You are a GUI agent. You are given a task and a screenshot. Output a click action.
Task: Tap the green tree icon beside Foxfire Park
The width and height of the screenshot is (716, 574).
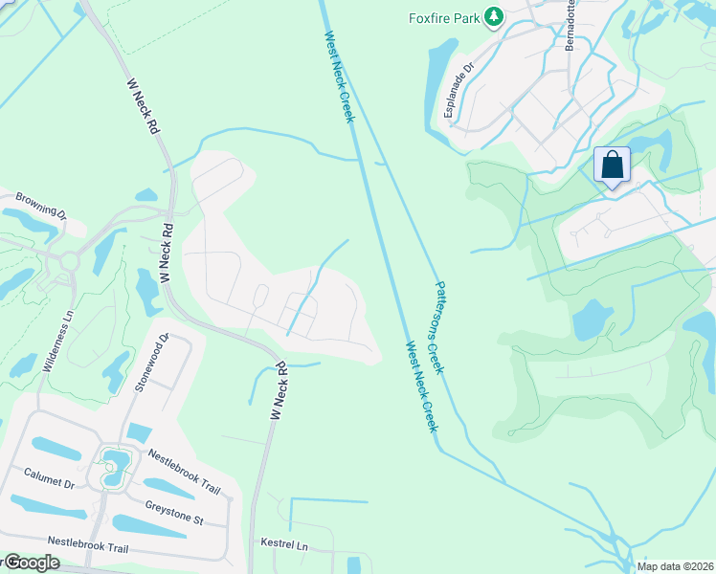(x=494, y=16)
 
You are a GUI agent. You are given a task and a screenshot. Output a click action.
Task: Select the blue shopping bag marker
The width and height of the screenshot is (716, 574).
(x=612, y=165)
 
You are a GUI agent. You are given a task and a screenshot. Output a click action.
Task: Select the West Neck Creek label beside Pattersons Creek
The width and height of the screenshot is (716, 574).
(x=419, y=386)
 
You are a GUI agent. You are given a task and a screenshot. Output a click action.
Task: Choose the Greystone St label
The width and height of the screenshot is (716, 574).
(x=174, y=512)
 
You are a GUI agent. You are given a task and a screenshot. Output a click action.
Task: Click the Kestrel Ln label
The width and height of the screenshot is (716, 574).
(x=284, y=543)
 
